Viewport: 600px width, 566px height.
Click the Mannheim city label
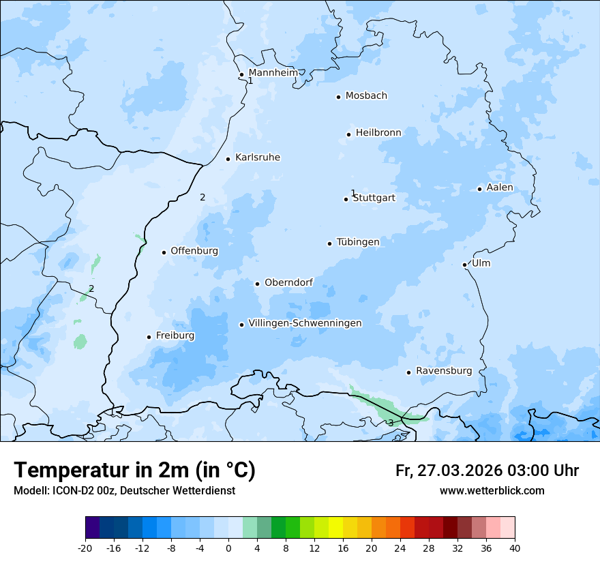(x=273, y=73)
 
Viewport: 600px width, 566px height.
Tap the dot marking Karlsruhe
(x=228, y=159)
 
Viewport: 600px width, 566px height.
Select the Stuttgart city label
(x=374, y=198)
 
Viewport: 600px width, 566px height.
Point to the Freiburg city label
(x=175, y=336)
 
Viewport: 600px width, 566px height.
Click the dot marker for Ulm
(x=464, y=265)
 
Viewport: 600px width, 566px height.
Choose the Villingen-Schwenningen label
(x=305, y=323)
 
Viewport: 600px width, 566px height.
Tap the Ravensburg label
(x=444, y=371)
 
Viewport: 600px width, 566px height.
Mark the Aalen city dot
(x=479, y=189)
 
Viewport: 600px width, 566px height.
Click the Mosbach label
(x=366, y=96)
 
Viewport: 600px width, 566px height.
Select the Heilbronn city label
(x=378, y=133)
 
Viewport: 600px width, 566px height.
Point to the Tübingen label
(x=358, y=242)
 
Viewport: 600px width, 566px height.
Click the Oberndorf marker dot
(x=257, y=284)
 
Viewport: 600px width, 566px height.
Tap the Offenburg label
(x=194, y=251)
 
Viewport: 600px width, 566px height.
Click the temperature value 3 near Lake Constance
(x=390, y=423)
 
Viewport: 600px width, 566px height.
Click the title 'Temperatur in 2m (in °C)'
(x=135, y=471)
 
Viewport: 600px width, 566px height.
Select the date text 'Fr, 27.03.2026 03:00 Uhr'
(x=487, y=471)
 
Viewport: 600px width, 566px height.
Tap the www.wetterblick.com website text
(x=492, y=491)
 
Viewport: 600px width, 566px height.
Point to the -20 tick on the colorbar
(x=85, y=548)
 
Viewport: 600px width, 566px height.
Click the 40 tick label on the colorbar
(x=515, y=548)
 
